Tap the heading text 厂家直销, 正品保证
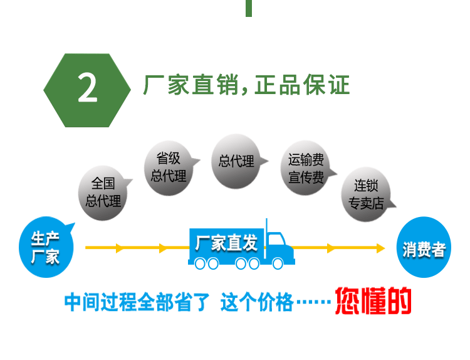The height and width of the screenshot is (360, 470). coord(246,87)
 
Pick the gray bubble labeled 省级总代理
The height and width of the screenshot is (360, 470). coord(169,167)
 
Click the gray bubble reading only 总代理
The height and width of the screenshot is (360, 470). coord(236,161)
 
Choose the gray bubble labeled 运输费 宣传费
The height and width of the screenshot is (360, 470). coord(306,169)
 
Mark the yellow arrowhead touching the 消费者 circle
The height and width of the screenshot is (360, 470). coord(380,248)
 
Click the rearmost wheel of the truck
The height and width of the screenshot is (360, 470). coord(200,264)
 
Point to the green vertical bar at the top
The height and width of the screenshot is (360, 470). coord(249,8)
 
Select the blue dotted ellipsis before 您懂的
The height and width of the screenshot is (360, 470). coord(313,304)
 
